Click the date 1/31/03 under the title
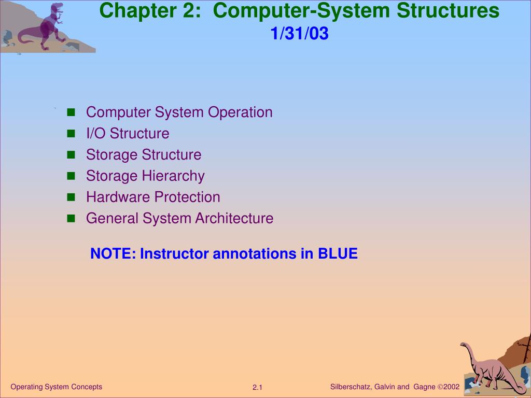pos(299,34)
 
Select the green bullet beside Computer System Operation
pos(71,112)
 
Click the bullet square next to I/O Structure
pos(71,134)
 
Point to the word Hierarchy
pos(173,176)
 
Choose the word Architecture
pos(234,218)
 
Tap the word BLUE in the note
pos(338,253)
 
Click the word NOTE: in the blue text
pos(113,253)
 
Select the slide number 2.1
pos(257,388)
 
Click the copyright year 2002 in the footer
pos(451,387)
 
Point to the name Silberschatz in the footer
pos(351,387)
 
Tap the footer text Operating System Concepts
pos(56,387)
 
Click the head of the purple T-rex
pos(57,7)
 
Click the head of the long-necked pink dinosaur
pos(464,345)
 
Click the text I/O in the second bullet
pos(96,133)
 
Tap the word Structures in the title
pos(448,10)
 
